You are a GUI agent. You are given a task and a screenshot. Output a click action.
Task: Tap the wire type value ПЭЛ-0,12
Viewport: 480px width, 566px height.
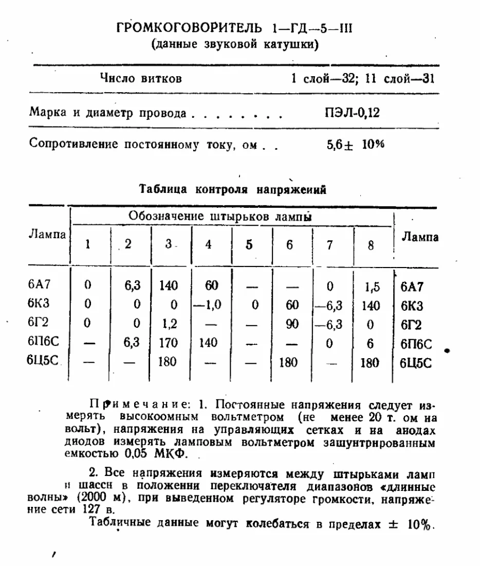click(x=352, y=113)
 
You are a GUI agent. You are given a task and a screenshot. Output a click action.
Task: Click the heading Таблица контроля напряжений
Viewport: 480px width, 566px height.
click(x=233, y=189)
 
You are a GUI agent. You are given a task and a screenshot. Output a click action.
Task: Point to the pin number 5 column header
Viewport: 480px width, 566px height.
click(x=249, y=244)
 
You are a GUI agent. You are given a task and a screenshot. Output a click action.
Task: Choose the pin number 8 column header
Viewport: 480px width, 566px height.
click(x=371, y=245)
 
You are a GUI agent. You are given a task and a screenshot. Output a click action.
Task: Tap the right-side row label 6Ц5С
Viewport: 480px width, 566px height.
click(x=416, y=363)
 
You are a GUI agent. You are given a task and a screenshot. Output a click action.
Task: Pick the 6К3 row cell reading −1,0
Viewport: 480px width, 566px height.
click(x=208, y=305)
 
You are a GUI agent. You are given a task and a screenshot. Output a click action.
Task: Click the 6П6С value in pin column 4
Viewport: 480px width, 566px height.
click(x=208, y=343)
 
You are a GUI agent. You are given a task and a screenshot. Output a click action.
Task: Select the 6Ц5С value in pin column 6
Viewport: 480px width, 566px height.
click(x=288, y=362)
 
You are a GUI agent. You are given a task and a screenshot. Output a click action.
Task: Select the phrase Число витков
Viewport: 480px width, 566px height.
click(x=140, y=79)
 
